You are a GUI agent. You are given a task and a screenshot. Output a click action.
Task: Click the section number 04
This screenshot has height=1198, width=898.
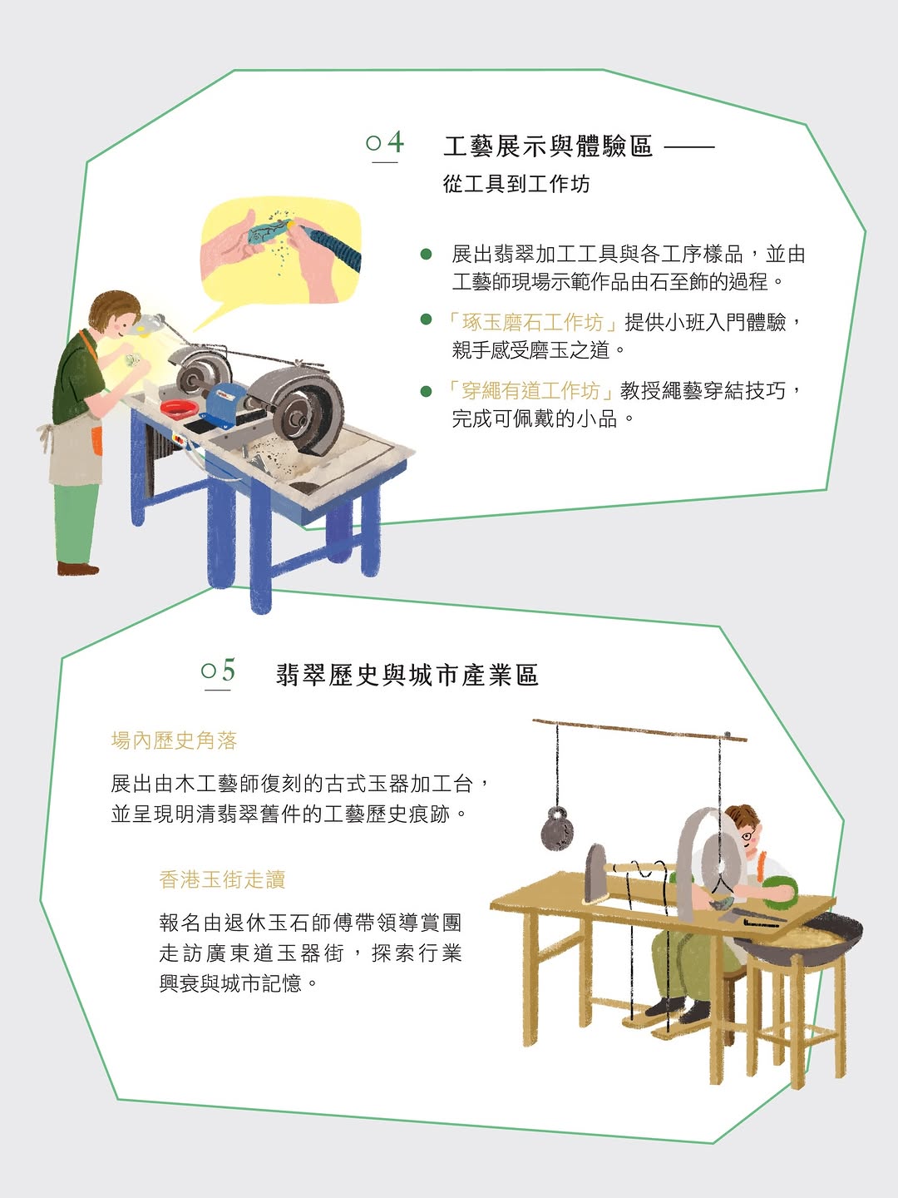(x=385, y=142)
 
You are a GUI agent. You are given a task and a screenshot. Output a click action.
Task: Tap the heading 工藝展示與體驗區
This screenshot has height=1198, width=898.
(x=547, y=146)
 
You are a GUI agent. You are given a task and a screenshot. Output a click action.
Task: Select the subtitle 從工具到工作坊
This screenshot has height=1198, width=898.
(x=516, y=184)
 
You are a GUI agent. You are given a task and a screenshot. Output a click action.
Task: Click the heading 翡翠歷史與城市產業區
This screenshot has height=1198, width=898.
(x=407, y=676)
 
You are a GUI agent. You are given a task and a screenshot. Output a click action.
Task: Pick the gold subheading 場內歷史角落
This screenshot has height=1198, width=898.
(x=174, y=740)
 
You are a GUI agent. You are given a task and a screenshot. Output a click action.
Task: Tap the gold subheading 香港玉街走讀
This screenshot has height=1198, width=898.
(x=223, y=880)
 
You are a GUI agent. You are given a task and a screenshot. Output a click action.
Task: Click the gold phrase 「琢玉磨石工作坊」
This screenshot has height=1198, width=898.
(x=531, y=322)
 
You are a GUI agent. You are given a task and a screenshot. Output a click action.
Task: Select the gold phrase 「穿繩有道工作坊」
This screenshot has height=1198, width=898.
(x=529, y=391)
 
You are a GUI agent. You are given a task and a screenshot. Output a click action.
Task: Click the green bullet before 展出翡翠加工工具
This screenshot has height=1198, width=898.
(x=427, y=254)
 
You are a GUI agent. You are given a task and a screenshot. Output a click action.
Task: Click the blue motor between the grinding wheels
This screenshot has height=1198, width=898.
(x=229, y=400)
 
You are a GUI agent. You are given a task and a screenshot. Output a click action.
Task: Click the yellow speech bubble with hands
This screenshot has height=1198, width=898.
(x=280, y=251)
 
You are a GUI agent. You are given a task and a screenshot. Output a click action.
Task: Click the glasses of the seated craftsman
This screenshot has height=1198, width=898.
(x=749, y=835)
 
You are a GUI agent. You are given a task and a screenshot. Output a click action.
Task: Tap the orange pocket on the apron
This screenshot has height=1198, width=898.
(x=96, y=441)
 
